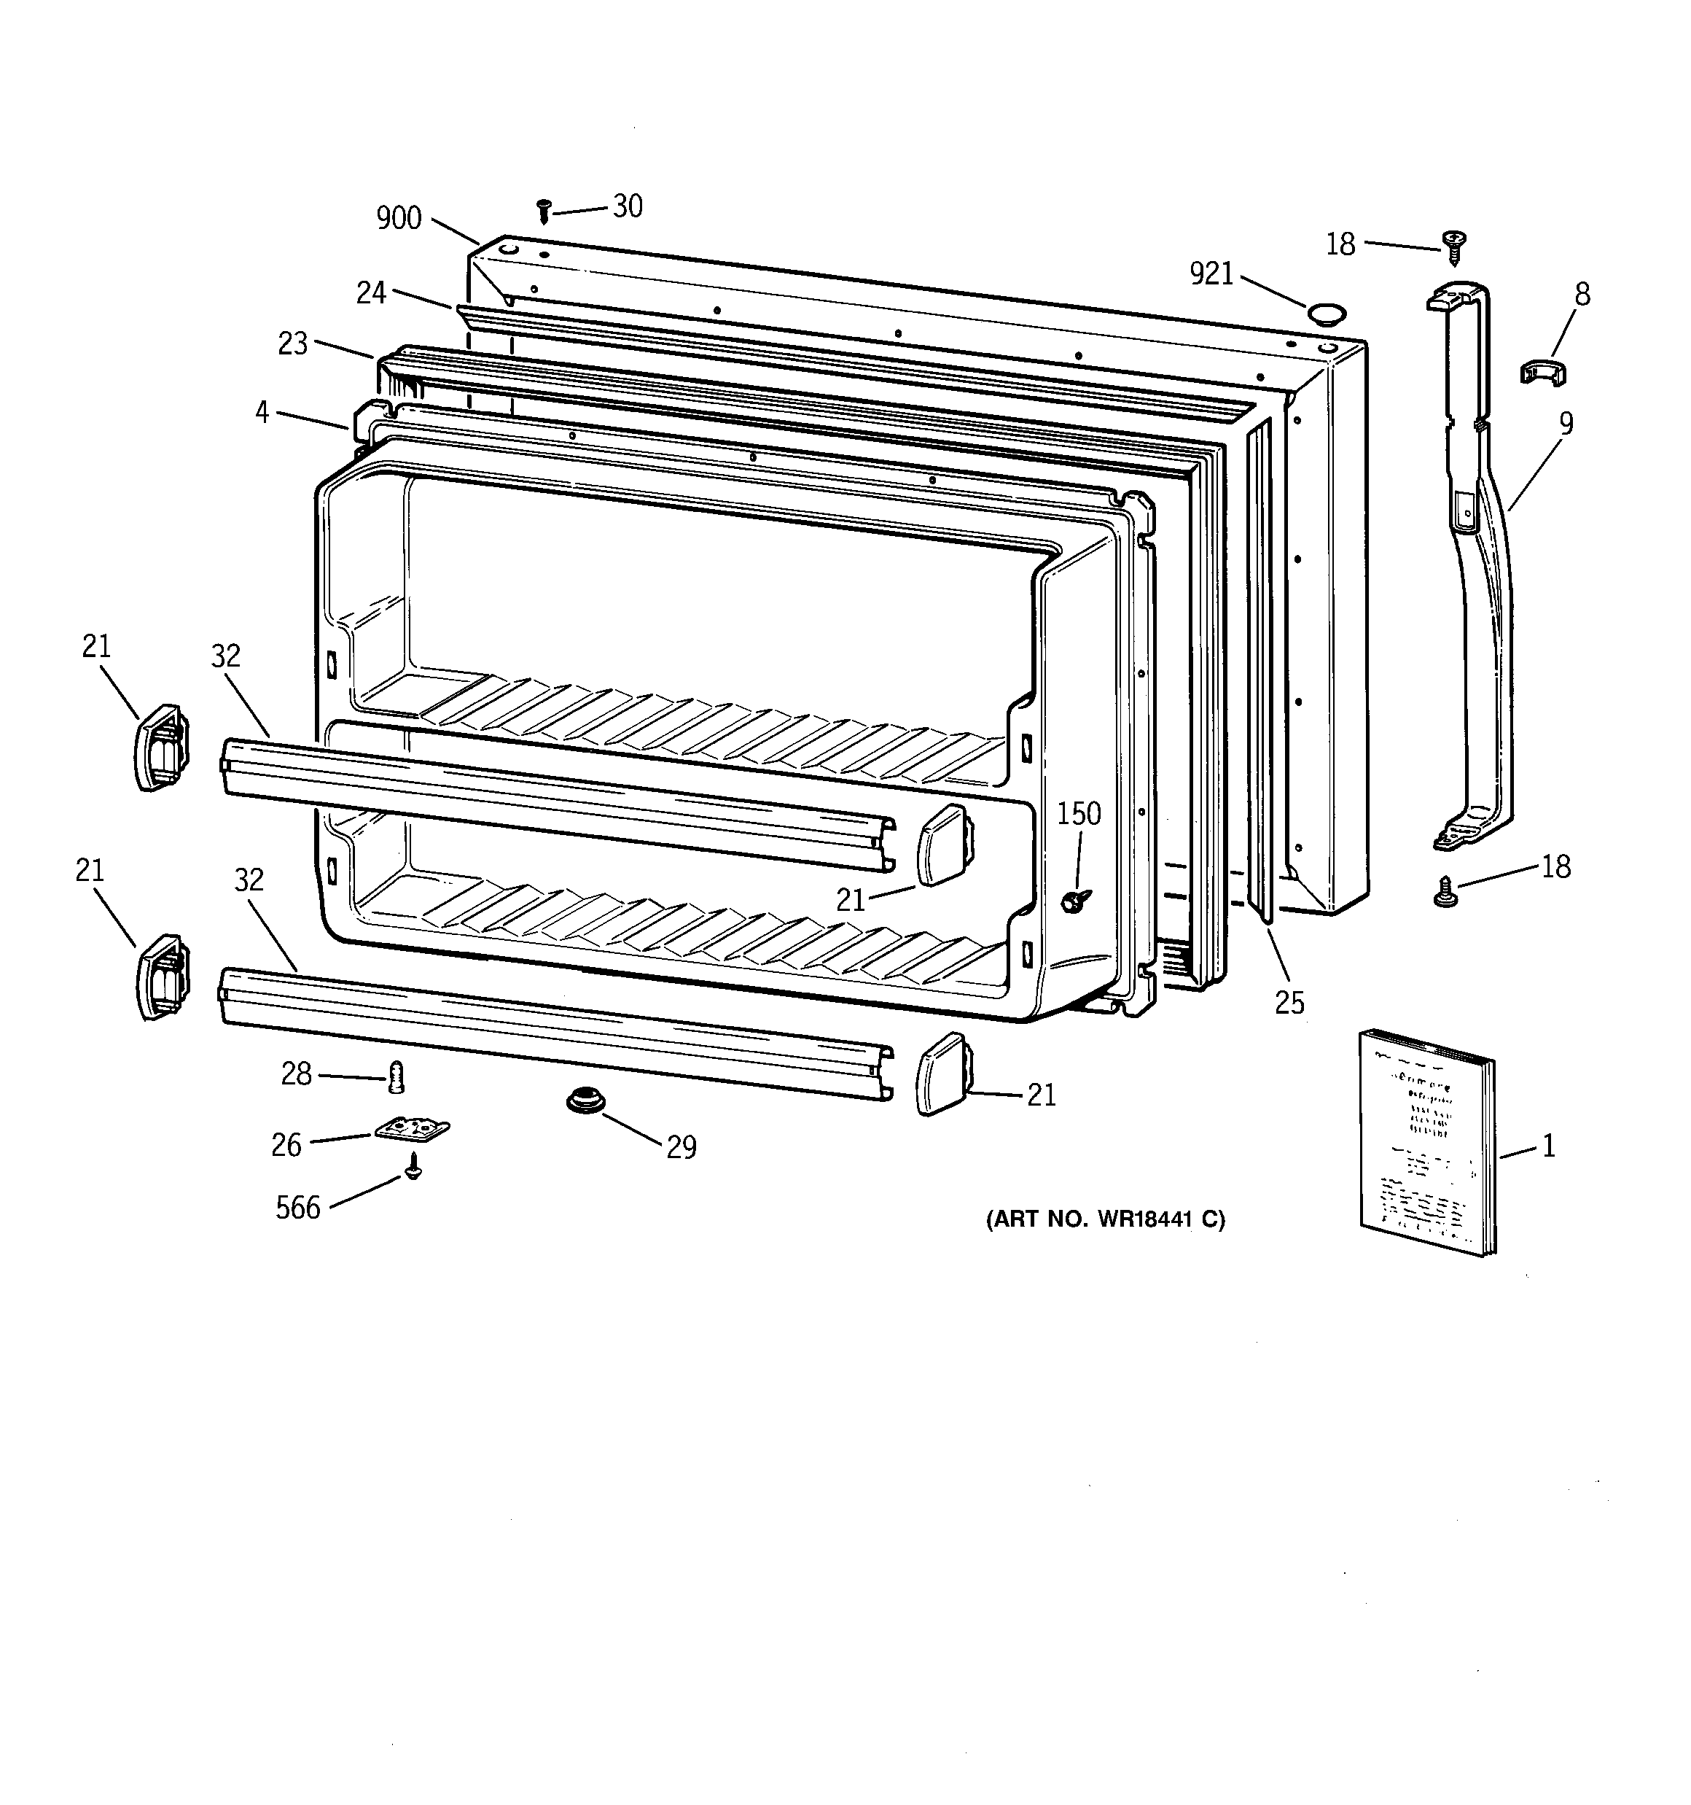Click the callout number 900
[x=399, y=218]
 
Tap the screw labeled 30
[x=544, y=211]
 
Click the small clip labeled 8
[x=1543, y=370]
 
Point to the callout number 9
[x=1566, y=423]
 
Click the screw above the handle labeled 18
[x=1454, y=246]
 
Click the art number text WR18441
[x=1106, y=1219]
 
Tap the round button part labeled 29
[x=586, y=1101]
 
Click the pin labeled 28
[x=396, y=1077]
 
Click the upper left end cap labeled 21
[x=163, y=746]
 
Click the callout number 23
[x=292, y=344]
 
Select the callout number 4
[x=262, y=412]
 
